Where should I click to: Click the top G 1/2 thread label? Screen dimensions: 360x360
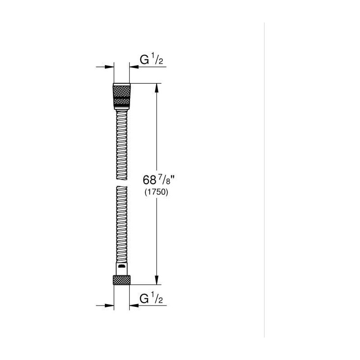pos(151,60)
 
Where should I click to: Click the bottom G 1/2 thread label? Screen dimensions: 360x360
pos(151,298)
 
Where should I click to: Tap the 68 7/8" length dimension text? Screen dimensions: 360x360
pos(159,180)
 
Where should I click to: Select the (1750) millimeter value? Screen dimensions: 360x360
pos(156,192)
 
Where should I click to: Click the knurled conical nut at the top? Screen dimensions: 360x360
pos(121,96)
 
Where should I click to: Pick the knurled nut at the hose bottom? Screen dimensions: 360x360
pos(121,280)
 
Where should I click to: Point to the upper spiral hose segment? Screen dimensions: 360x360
pos(121,144)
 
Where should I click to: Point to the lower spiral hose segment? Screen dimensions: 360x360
pos(121,224)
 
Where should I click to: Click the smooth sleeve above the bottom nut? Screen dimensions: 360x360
pos(121,269)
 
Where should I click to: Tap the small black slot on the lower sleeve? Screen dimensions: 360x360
pos(121,266)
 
